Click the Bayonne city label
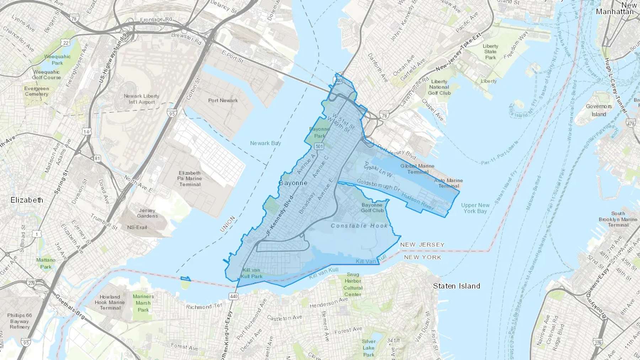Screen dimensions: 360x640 tap(293, 183)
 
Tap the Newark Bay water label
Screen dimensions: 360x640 tap(265, 143)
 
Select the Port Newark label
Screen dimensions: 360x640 tap(223, 101)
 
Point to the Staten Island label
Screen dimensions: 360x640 tap(457, 286)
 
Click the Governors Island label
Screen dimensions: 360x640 tap(599, 110)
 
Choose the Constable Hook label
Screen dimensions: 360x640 tap(359, 226)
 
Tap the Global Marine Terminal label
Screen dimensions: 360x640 tap(417, 169)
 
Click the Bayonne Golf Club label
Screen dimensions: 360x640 tap(372, 208)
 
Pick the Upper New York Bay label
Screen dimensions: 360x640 tap(475, 208)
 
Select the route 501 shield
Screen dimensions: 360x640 tap(319, 146)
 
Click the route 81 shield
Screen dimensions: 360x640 tap(97, 158)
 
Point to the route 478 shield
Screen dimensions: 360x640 tap(631, 124)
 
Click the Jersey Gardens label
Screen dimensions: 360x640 tap(147, 213)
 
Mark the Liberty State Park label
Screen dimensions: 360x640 tap(490, 52)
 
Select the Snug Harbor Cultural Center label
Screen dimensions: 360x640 tap(353, 284)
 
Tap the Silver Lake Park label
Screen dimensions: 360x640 tap(369, 348)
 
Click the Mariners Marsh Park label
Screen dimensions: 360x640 tap(143, 303)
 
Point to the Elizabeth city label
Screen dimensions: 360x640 tap(27, 200)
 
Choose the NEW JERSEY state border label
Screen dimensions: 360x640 tap(422, 245)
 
